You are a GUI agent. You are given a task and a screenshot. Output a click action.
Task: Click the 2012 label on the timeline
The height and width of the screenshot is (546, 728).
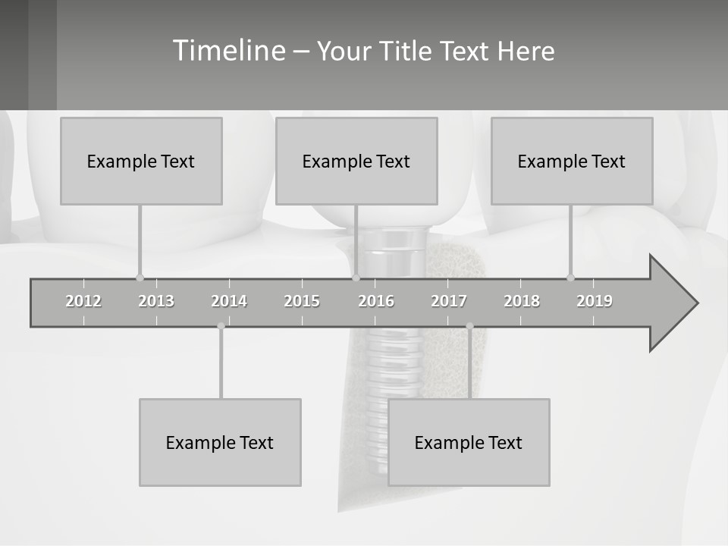tap(83, 301)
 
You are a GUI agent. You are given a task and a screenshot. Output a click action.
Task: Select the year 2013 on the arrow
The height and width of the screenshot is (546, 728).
tap(156, 301)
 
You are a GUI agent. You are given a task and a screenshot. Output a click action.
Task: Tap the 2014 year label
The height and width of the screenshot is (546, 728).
tap(229, 301)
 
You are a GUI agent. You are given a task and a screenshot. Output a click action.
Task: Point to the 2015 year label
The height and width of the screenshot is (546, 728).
tap(302, 301)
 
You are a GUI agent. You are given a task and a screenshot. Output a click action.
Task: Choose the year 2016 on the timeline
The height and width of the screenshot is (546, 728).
tap(376, 301)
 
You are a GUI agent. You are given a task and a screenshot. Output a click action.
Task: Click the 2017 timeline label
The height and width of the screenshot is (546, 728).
tap(449, 301)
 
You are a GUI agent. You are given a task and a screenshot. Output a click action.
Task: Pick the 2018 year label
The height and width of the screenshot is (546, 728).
tap(522, 301)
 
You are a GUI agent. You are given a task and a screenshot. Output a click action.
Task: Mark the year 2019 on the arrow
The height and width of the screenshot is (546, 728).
tap(595, 301)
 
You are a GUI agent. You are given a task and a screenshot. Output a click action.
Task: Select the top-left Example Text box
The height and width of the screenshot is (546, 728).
tap(141, 161)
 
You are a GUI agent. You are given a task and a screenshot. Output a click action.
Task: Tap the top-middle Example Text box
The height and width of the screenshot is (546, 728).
tap(356, 161)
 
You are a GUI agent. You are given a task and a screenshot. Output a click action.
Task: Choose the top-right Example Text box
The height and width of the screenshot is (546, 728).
tap(572, 161)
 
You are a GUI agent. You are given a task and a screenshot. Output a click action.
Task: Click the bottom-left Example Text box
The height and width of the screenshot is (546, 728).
tap(220, 442)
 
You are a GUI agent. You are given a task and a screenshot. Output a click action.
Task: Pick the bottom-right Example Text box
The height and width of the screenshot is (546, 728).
tap(469, 442)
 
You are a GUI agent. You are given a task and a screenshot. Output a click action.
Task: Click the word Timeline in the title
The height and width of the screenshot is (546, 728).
tap(229, 51)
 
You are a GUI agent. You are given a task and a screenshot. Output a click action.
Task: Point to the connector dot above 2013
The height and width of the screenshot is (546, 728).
tap(140, 278)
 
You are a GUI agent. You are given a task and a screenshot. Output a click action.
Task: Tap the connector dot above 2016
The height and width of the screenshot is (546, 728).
tap(356, 278)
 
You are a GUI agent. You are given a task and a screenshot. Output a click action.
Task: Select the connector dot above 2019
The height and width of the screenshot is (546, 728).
tap(570, 278)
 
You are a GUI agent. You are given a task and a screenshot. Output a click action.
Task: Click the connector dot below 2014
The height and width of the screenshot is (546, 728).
tap(221, 326)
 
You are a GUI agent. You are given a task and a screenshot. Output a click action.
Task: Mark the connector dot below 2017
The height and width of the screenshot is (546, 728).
tap(469, 326)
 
